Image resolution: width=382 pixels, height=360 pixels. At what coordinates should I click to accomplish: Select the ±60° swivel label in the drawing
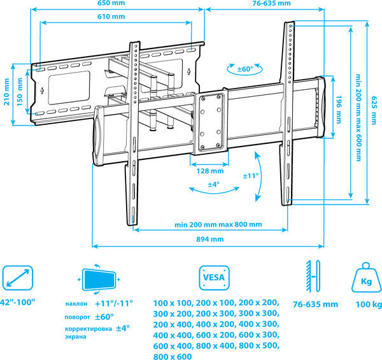click(x=245, y=69)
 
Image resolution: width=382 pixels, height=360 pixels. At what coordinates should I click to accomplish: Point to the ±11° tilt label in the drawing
click(x=250, y=175)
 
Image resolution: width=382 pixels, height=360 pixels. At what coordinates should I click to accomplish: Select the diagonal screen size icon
click(x=17, y=278)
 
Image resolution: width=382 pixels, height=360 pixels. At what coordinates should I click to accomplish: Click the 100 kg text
click(x=368, y=305)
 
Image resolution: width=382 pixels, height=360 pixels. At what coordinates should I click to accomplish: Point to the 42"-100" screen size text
click(x=18, y=301)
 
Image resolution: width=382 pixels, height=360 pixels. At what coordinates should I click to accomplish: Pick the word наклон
click(x=76, y=305)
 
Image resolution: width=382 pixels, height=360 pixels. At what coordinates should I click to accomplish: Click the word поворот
click(x=77, y=317)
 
